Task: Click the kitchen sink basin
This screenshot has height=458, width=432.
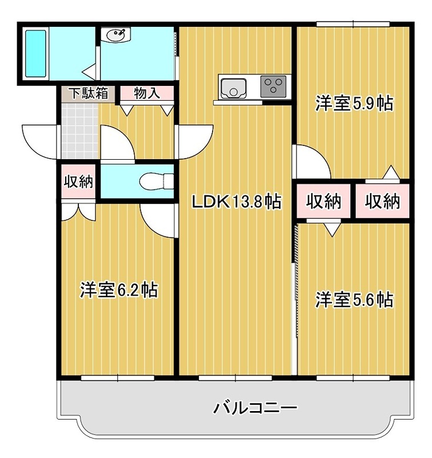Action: pos(233,88)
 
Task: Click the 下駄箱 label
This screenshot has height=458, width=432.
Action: pos(88,93)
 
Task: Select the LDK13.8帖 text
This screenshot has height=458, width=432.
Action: pos(235,202)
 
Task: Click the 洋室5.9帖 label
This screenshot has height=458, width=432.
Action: pos(354,104)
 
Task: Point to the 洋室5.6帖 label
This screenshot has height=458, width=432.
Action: pos(354,299)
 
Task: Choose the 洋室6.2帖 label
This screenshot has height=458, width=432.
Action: pos(119,290)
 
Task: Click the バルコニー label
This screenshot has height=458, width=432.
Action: pos(255,408)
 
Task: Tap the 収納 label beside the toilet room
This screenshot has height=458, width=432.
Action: pos(78,182)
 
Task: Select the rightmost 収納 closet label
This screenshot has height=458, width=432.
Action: pos(382,202)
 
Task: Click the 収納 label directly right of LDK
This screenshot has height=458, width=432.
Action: pos(323,202)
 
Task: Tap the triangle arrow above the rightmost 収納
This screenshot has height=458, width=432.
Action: pos(391,172)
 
